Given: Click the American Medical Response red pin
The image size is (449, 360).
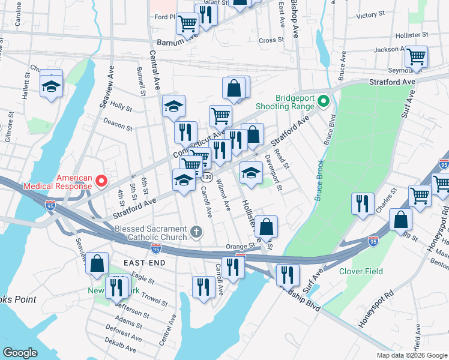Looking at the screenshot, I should [x=101, y=180].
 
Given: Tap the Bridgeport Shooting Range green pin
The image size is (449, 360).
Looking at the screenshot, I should [x=323, y=100].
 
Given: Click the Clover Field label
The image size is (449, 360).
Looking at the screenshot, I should [x=361, y=271].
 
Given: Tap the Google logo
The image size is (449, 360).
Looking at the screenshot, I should [x=20, y=353].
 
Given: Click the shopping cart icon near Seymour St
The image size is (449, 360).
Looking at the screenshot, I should [x=416, y=58].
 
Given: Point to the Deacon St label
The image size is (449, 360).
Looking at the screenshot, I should [x=118, y=127].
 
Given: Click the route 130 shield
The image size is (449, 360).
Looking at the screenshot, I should [x=207, y=178].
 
